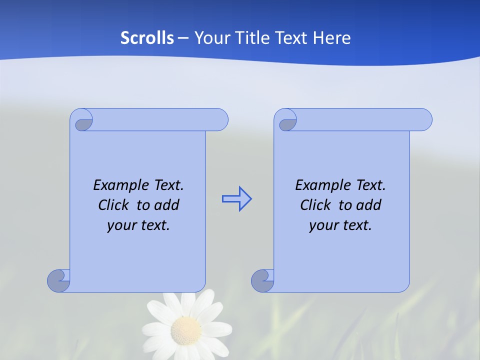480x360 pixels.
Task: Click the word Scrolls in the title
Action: pyautogui.click(x=147, y=38)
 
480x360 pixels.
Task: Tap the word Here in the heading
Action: pyautogui.click(x=331, y=38)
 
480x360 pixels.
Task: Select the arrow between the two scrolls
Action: pyautogui.click(x=236, y=199)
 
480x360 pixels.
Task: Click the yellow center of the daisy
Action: pyautogui.click(x=186, y=330)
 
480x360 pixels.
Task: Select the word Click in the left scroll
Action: pyautogui.click(x=113, y=205)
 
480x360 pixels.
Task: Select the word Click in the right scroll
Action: pyautogui.click(x=315, y=205)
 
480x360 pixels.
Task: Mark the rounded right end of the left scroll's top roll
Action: pyautogui.click(x=220, y=119)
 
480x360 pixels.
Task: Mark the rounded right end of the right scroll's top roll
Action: pyautogui.click(x=424, y=119)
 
